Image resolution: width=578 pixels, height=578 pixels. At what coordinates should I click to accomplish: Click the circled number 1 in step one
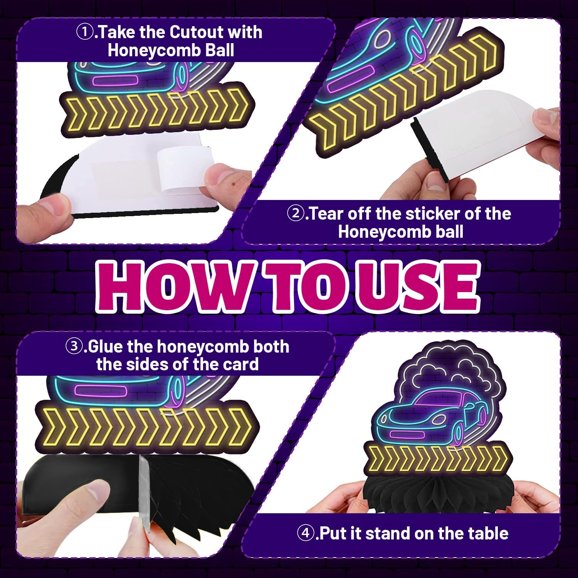click(x=84, y=32)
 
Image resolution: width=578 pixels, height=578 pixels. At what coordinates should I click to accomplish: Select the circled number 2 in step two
click(x=295, y=214)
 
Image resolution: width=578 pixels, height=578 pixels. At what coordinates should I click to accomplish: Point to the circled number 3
click(x=73, y=347)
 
